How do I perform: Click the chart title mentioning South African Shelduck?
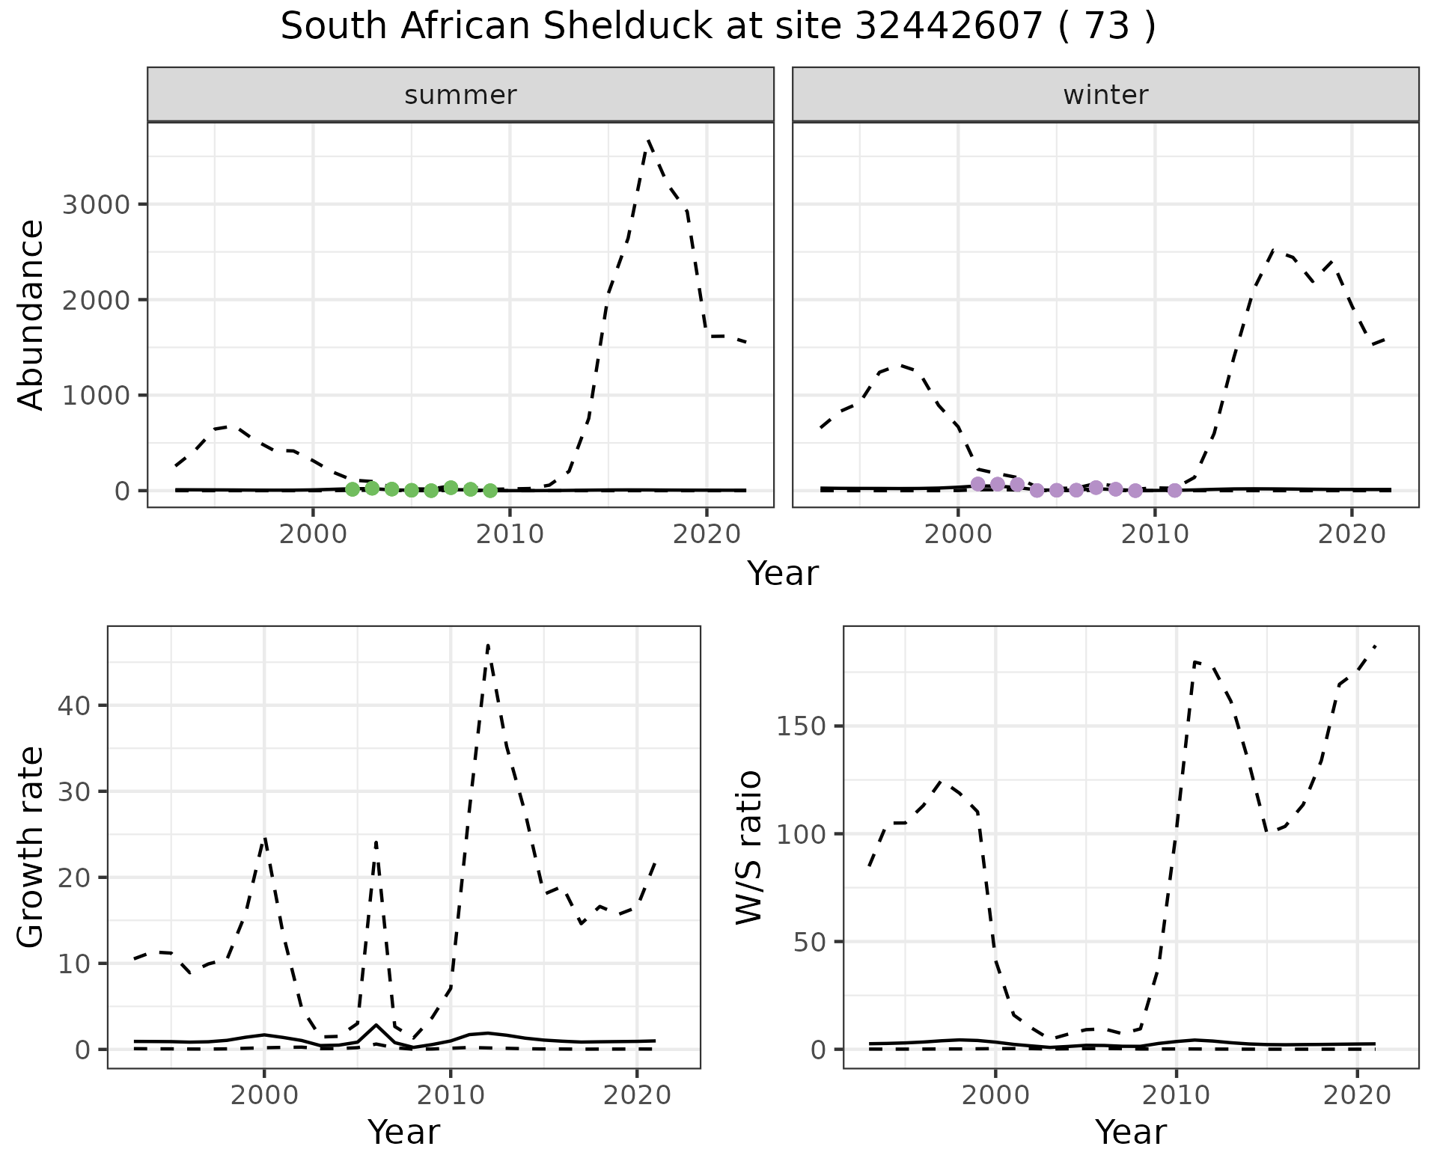[x=718, y=28]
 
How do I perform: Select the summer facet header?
[x=460, y=95]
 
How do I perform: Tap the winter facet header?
[x=1105, y=95]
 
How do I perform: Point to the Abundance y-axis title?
[x=31, y=315]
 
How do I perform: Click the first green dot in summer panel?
[x=353, y=489]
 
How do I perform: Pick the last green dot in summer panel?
[x=490, y=491]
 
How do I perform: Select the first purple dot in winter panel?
[x=977, y=484]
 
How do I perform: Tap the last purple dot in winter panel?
[x=1174, y=491]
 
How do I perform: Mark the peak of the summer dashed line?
[x=649, y=141]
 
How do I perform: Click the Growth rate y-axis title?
[x=31, y=848]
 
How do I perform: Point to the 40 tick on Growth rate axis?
[x=75, y=705]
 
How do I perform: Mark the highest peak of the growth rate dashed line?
[x=488, y=645]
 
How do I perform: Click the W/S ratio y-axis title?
[x=749, y=848]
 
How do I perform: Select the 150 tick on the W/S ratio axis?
[x=801, y=726]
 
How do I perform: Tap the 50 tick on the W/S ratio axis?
[x=810, y=942]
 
